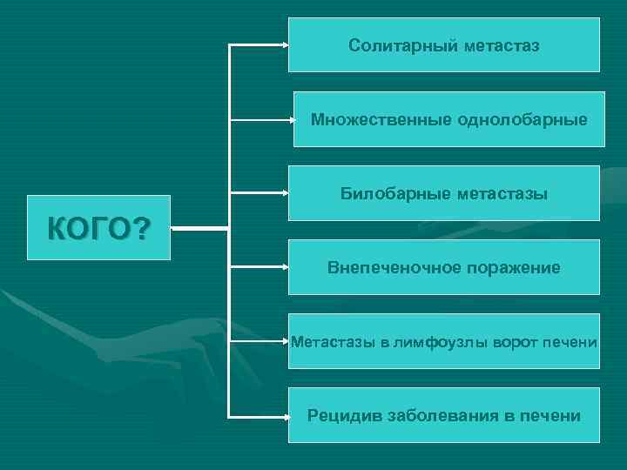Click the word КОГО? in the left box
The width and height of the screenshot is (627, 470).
tap(98, 230)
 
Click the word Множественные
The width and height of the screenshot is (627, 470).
tap(381, 119)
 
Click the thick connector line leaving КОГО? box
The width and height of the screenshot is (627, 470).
tap(199, 229)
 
